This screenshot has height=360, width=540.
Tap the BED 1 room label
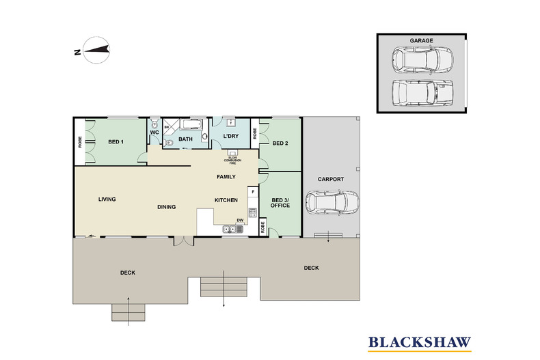click(x=116, y=142)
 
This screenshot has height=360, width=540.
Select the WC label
click(x=154, y=133)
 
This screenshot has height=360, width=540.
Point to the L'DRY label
click(x=231, y=136)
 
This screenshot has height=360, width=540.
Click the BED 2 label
click(x=280, y=143)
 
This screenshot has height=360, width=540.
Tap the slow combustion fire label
click(x=233, y=161)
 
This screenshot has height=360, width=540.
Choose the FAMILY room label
click(x=226, y=176)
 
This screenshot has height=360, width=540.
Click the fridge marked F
click(x=253, y=192)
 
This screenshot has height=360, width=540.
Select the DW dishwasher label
click(x=240, y=221)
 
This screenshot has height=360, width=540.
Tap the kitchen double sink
click(x=233, y=229)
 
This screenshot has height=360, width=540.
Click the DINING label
click(x=166, y=207)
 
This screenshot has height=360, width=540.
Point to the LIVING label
click(x=107, y=199)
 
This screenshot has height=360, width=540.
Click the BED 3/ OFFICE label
click(x=280, y=203)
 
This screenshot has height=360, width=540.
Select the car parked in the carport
click(x=332, y=202)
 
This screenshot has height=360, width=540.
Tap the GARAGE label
click(x=421, y=40)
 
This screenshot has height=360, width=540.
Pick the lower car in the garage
click(x=422, y=93)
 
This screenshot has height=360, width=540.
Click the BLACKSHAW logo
click(x=419, y=343)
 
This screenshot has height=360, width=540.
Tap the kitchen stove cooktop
click(x=253, y=212)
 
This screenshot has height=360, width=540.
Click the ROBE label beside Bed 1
click(x=80, y=142)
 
